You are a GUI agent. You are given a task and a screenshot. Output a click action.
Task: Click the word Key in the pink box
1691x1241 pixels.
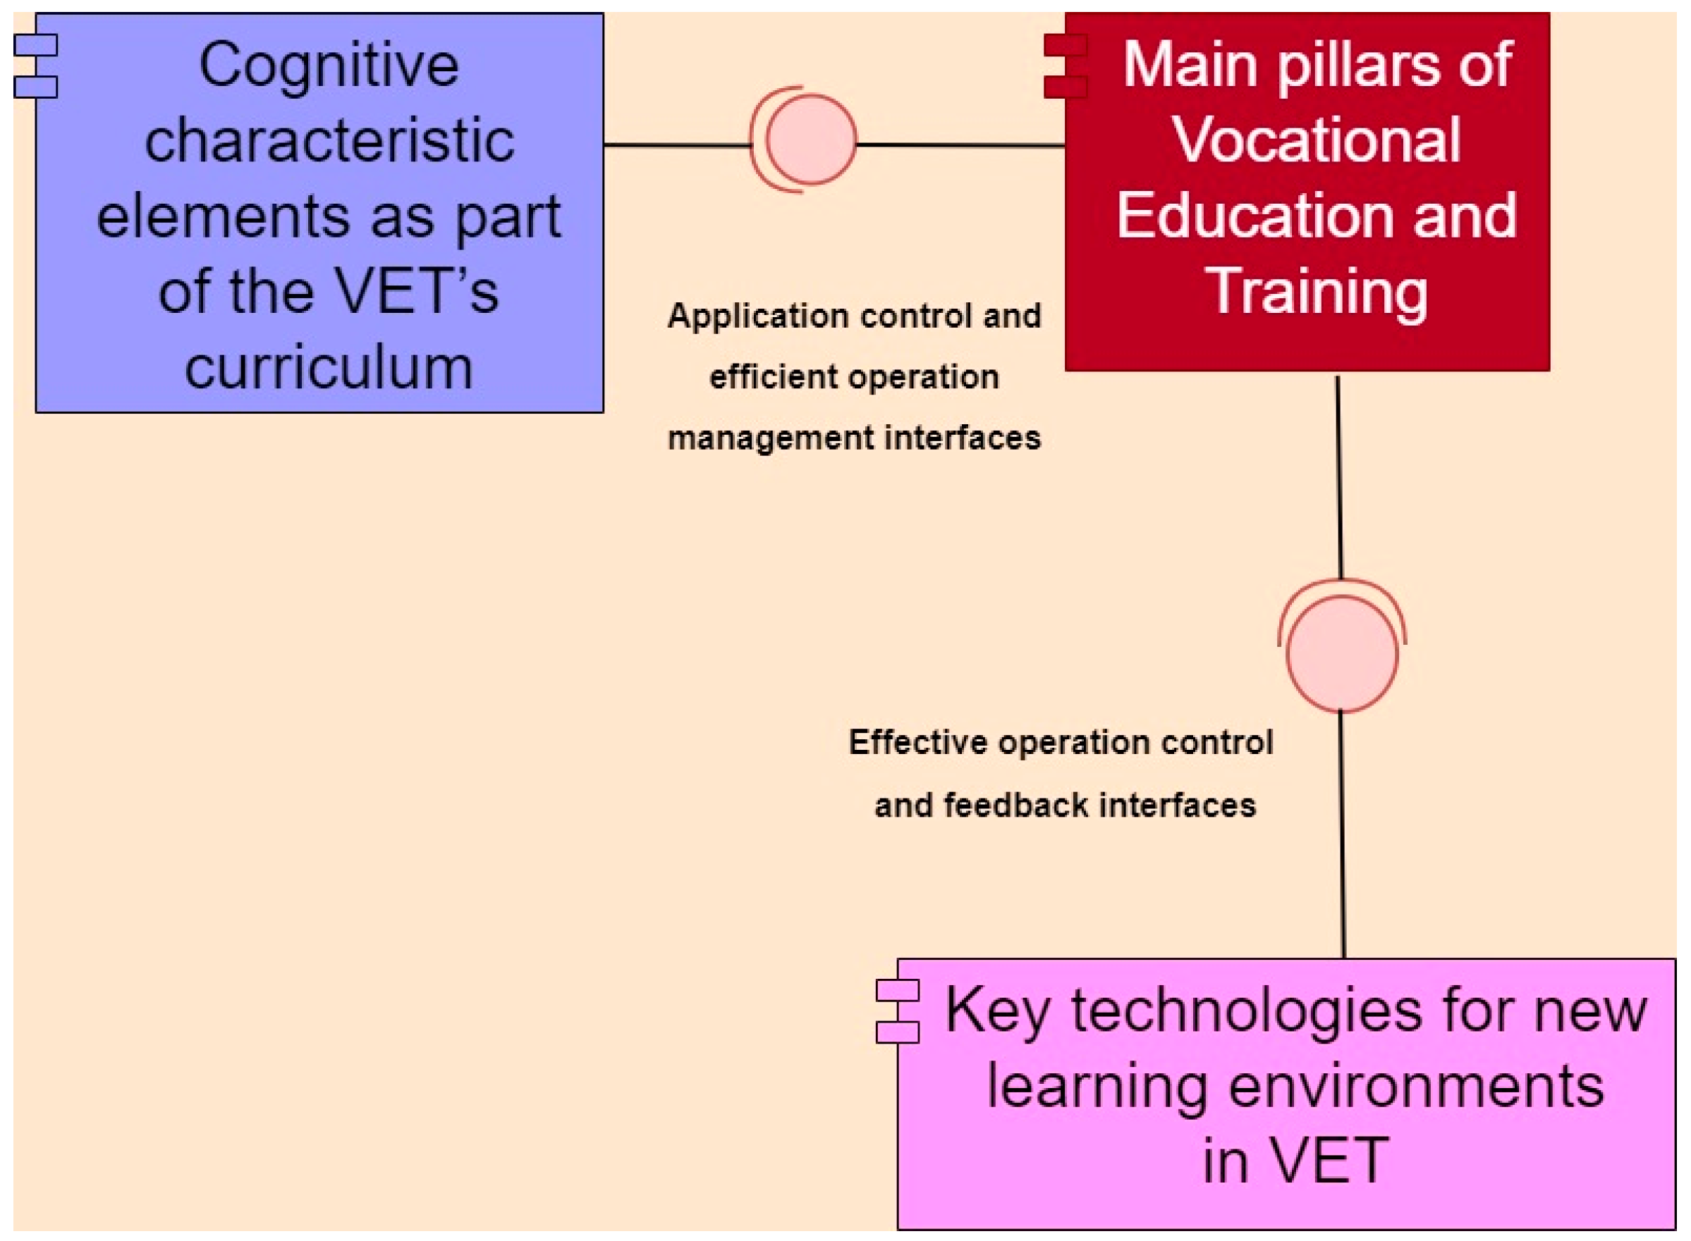click(x=996, y=1011)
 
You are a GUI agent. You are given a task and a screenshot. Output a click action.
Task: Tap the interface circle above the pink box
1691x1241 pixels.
click(x=1341, y=653)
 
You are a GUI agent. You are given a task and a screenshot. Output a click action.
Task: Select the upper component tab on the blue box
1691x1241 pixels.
click(x=35, y=45)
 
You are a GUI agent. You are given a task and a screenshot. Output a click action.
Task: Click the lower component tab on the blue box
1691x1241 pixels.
click(x=35, y=87)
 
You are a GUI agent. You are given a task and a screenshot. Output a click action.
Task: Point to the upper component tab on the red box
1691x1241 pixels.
click(x=1065, y=45)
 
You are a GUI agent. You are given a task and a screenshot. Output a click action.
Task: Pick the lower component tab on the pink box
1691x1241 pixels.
click(x=898, y=1032)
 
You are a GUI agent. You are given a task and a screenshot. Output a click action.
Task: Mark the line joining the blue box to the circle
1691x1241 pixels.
click(x=676, y=145)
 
